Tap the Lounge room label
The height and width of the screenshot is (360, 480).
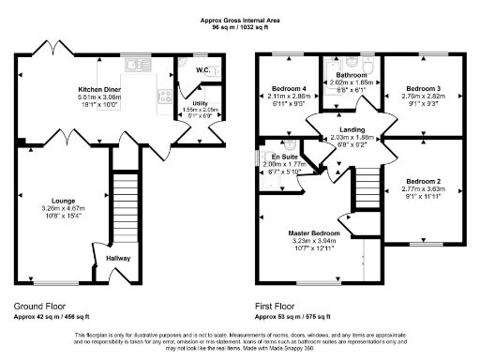[63, 201]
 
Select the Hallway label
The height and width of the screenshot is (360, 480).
[118, 258]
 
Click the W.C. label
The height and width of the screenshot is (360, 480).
[202, 70]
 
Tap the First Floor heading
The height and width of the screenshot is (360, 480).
[279, 306]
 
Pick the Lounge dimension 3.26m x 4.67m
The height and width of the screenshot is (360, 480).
[63, 208]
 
